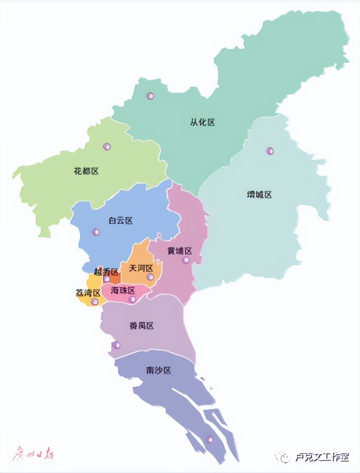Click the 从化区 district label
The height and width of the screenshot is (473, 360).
coord(202,122)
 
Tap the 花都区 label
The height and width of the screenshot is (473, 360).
coord(87,171)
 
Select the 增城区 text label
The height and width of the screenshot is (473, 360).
coord(259,195)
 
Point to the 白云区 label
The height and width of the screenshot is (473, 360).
coord(121,221)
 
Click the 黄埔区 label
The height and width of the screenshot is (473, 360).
coord(180,251)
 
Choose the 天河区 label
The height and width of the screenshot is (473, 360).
coord(141,268)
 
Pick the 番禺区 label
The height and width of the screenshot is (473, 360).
coord(141,326)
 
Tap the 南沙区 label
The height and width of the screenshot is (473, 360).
coord(158,371)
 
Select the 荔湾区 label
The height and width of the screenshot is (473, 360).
coord(88,293)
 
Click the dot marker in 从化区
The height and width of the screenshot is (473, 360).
coord(150,96)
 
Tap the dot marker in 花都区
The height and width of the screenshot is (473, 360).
coord(107,146)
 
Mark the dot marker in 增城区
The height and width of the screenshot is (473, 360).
coord(270,151)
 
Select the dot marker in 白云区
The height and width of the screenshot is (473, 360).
coord(96,232)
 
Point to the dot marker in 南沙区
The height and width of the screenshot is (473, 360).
coord(209,439)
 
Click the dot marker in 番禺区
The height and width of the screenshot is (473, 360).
coord(116,345)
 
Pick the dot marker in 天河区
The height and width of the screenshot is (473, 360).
coord(150,277)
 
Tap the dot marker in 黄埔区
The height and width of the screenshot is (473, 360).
coord(186,260)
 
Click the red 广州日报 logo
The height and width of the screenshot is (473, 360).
coord(33,455)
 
